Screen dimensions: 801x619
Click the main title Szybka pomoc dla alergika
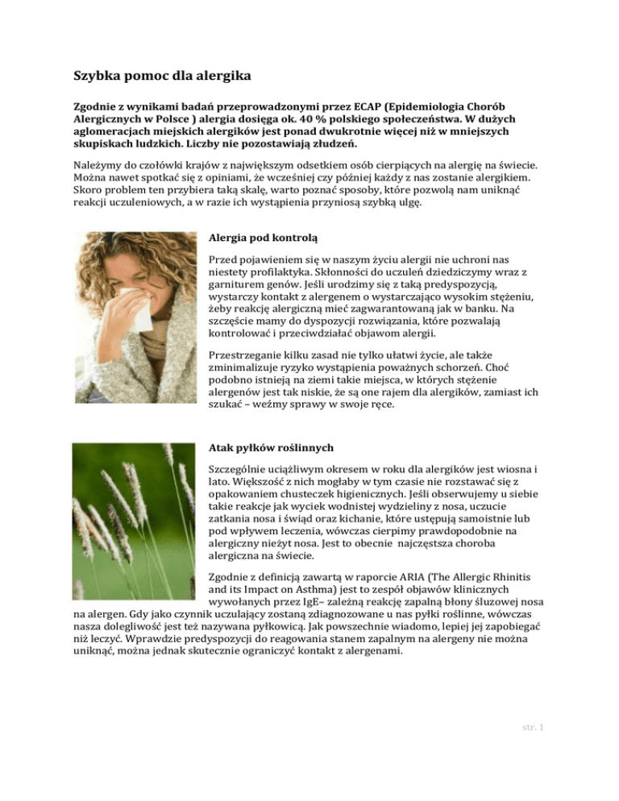(x=160, y=78)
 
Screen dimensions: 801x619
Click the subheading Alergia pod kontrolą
(x=263, y=239)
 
